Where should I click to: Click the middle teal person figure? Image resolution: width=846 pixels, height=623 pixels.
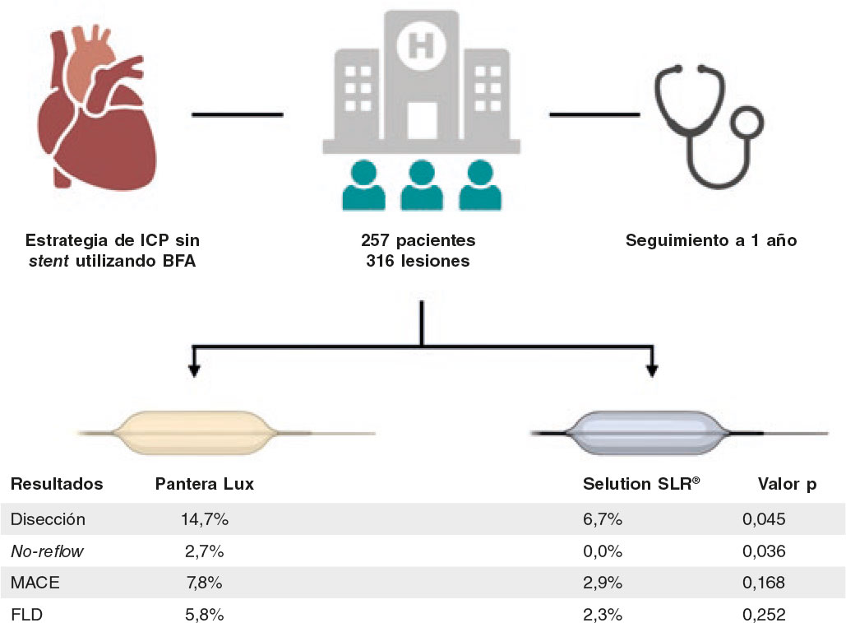pyautogui.click(x=421, y=184)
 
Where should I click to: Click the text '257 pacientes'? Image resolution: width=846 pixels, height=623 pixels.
pyautogui.click(x=418, y=242)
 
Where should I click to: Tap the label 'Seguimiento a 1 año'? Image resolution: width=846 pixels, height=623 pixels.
pyautogui.click(x=711, y=242)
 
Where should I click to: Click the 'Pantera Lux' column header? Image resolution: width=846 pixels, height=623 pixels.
pyautogui.click(x=204, y=484)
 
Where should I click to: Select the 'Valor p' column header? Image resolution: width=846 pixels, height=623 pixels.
pyautogui.click(x=787, y=484)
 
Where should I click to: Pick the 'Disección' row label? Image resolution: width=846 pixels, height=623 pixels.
pyautogui.click(x=48, y=519)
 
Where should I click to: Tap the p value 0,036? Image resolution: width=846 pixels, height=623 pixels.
pyautogui.click(x=764, y=551)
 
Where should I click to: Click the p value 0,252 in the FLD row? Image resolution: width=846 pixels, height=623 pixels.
pyautogui.click(x=764, y=614)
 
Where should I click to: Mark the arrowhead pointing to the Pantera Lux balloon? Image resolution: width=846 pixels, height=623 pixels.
pyautogui.click(x=194, y=370)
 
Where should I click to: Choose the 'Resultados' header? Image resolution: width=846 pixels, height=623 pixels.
pyautogui.click(x=56, y=484)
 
